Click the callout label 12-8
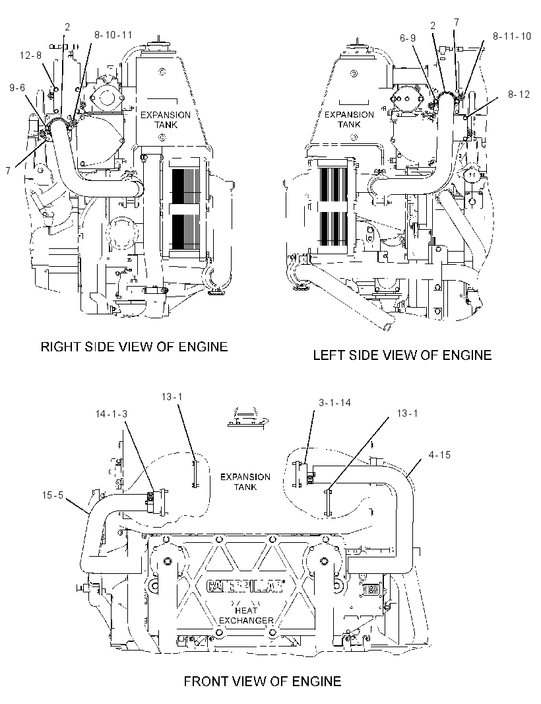point(30,55)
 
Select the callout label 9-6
point(18,88)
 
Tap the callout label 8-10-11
point(113,35)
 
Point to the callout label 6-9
point(408,38)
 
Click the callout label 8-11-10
point(512,36)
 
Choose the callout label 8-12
point(519,94)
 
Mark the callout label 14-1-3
point(111,413)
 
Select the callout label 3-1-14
point(334,403)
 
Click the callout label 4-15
point(439,455)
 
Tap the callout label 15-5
point(53,496)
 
